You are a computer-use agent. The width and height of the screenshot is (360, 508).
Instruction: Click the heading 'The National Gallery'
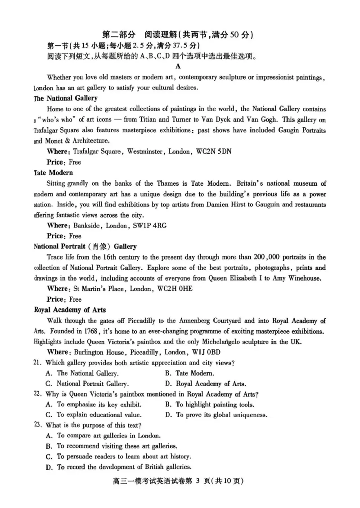(x=66, y=98)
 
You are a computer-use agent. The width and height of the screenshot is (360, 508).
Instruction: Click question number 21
(x=38, y=362)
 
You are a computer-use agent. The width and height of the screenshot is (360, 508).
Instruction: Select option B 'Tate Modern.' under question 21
(x=189, y=373)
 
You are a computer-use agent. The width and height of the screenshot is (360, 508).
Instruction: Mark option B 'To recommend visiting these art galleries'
(x=112, y=446)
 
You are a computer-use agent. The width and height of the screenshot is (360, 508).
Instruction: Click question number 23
(x=38, y=425)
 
